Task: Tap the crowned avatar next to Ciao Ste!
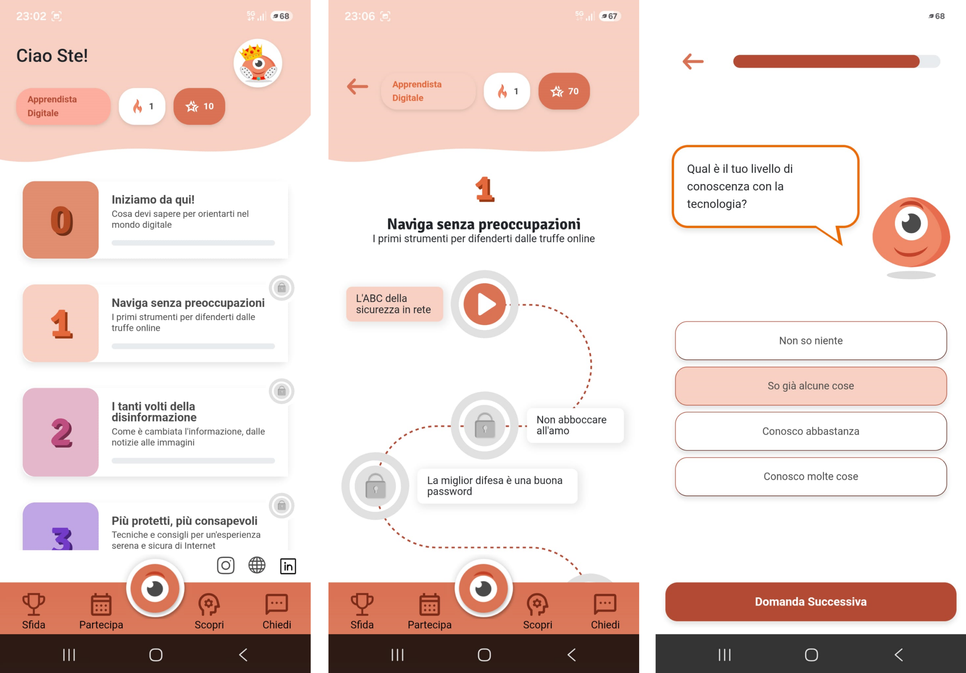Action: point(257,63)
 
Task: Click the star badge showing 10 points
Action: point(200,106)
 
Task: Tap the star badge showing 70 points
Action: point(564,91)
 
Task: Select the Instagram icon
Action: point(226,566)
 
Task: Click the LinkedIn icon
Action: point(288,566)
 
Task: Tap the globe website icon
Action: point(257,566)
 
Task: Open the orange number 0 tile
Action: point(61,220)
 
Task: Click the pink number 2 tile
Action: point(61,432)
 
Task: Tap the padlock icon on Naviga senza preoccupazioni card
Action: point(281,288)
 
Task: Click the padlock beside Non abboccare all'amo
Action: point(485,425)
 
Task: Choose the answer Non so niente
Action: point(811,340)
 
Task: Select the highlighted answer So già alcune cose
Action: point(811,386)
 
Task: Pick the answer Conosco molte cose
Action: point(811,476)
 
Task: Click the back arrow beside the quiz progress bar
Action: point(693,61)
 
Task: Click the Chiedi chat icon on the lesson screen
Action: point(605,604)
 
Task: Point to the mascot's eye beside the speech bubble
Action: point(911,224)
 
